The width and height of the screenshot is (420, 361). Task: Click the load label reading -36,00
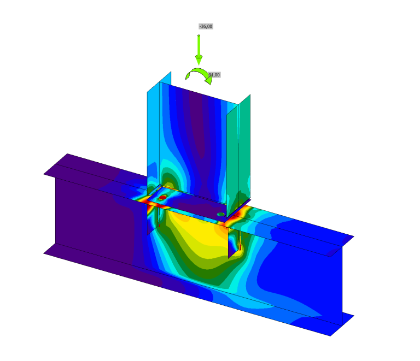(x=206, y=26)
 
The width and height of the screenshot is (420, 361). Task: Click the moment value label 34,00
(x=214, y=75)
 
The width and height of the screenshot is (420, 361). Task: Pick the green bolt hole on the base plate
(x=220, y=214)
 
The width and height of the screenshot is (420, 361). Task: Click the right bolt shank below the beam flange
(x=240, y=240)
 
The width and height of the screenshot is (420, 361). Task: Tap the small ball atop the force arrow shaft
(x=199, y=36)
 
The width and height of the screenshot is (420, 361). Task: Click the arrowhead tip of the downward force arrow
(x=199, y=63)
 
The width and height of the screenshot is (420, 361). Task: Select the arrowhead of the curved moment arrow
(x=208, y=80)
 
